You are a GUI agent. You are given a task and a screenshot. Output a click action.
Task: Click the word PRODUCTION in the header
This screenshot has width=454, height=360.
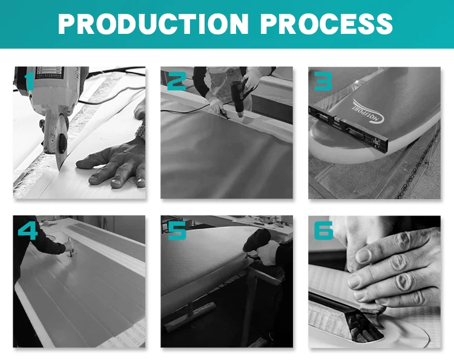(153, 24)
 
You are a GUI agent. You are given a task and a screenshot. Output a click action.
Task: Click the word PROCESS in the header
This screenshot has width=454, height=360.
(326, 24)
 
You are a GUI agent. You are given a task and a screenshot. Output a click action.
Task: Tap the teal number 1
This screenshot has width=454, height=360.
(28, 81)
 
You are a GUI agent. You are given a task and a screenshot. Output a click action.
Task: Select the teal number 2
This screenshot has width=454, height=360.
(177, 82)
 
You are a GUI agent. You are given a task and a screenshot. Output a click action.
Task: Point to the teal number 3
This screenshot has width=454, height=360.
(323, 81)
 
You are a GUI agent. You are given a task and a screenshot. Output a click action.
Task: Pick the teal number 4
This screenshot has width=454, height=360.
(28, 231)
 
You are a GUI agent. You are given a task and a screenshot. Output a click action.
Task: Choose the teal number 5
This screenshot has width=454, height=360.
(177, 231)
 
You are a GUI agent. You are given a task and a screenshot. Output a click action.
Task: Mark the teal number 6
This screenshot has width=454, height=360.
(324, 231)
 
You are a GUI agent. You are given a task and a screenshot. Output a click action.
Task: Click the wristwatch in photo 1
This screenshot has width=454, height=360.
(140, 130)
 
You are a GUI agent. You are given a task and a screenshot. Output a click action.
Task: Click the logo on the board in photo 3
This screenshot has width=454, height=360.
(368, 110)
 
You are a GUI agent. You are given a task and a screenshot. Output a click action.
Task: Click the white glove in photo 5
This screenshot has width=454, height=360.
(268, 254)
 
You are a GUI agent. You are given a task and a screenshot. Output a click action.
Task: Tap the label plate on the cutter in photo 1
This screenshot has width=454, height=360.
(49, 73)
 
